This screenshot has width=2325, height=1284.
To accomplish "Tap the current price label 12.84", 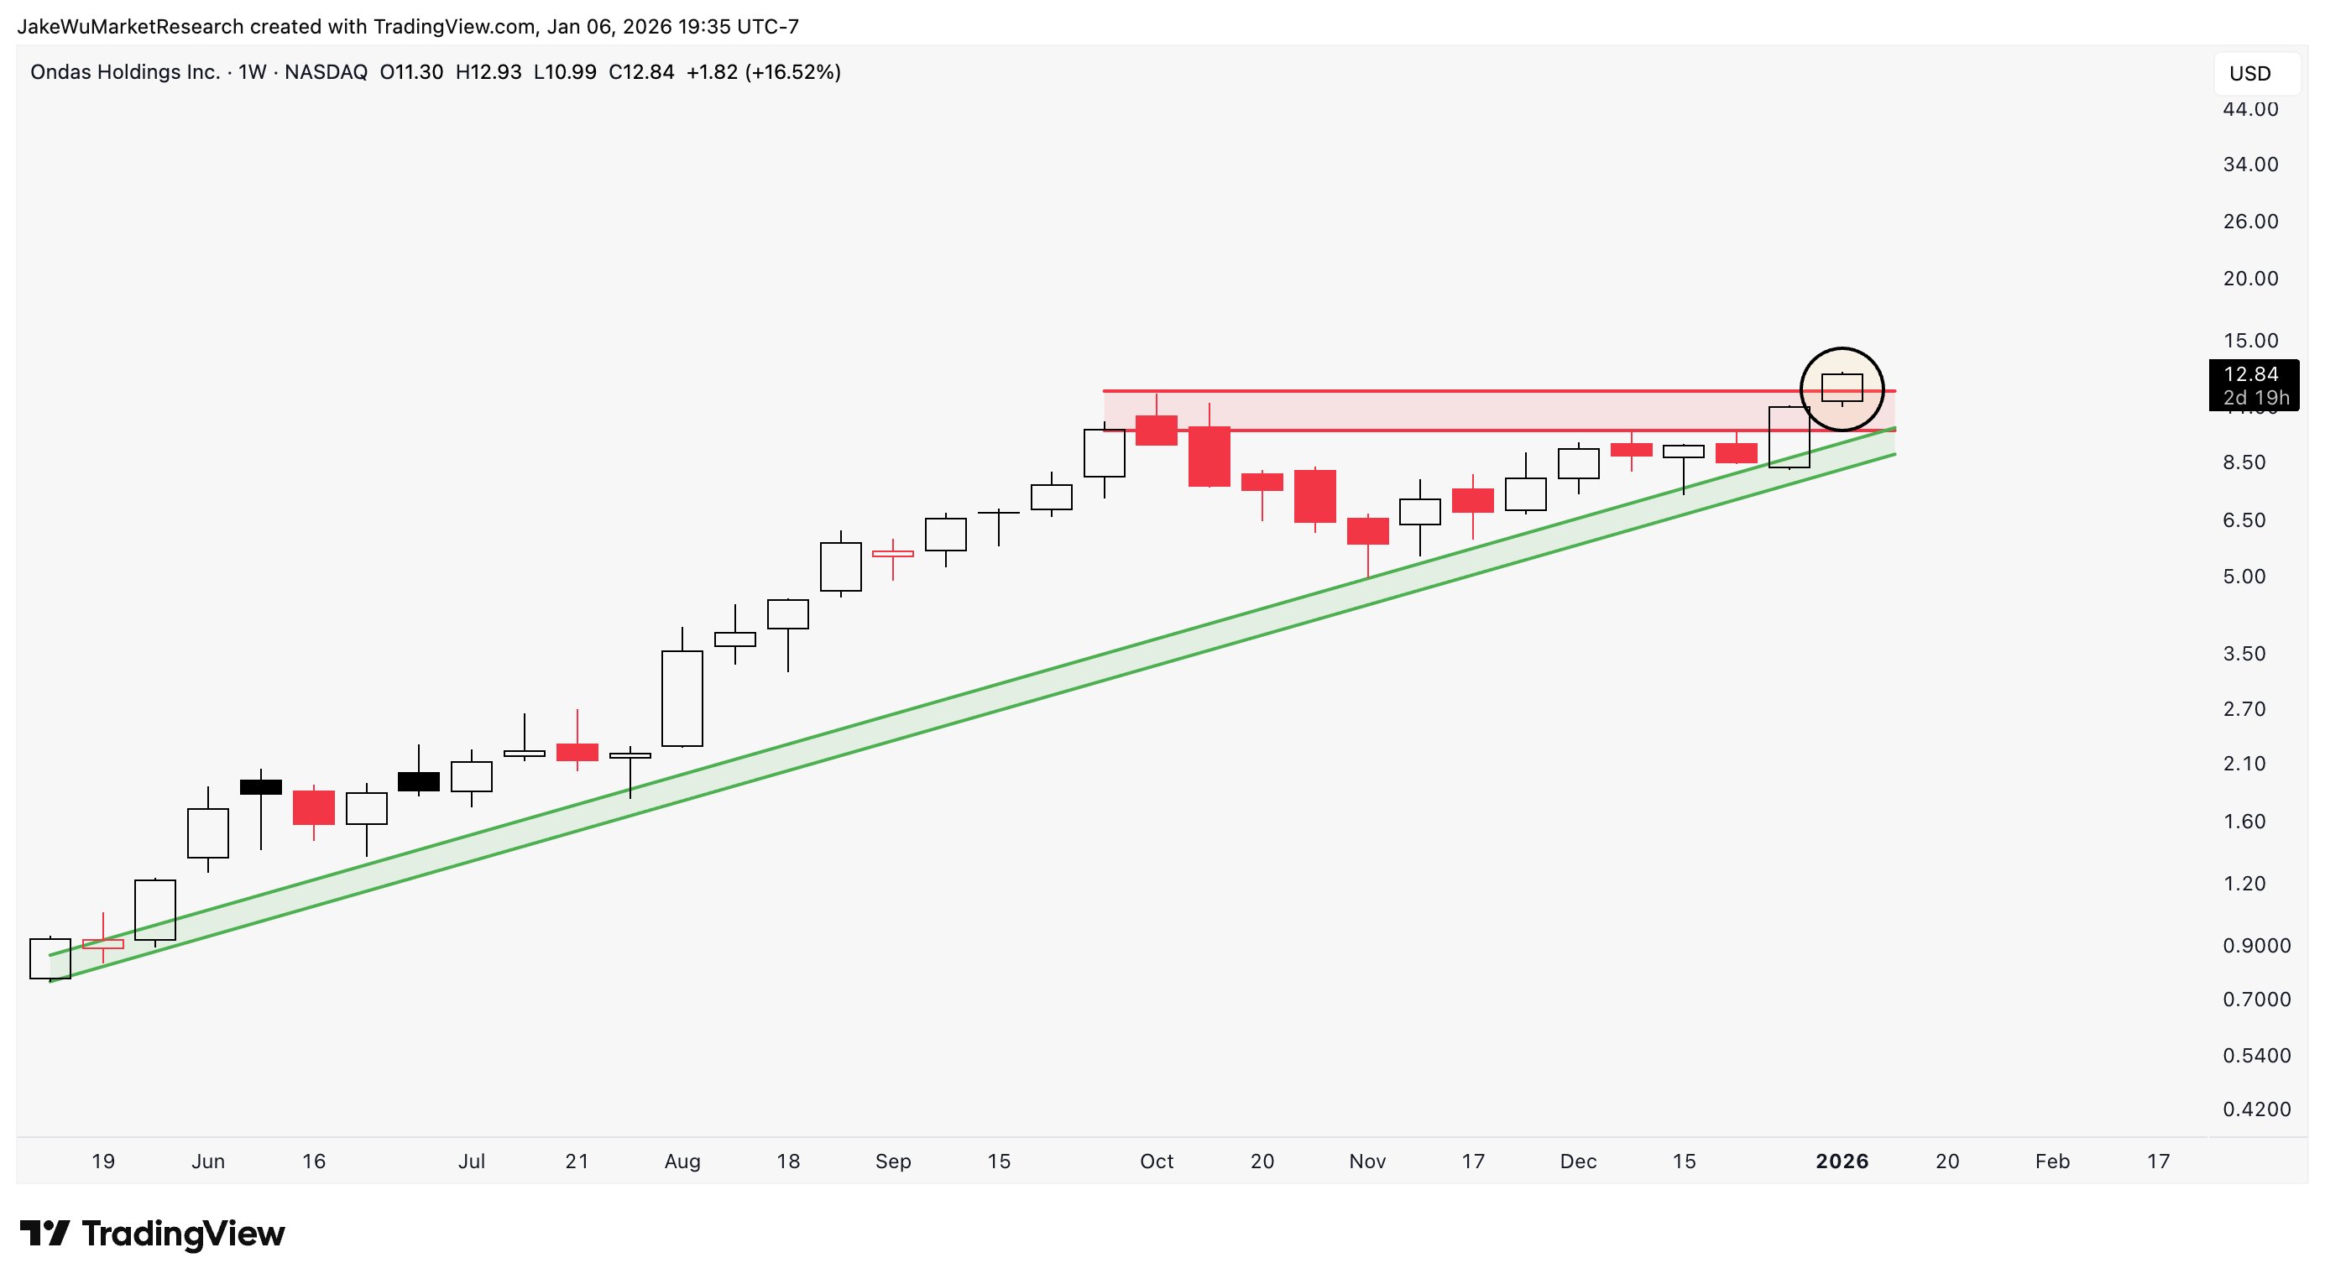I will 2250,374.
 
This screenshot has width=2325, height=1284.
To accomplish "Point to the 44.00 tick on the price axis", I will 2250,109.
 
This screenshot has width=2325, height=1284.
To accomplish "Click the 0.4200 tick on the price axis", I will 2255,1109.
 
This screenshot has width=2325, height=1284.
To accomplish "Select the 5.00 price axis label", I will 2244,577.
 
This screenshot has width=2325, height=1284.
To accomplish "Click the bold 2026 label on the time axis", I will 1842,1161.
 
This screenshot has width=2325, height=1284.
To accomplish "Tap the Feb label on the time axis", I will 2051,1161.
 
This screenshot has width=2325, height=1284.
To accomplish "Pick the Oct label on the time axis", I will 1156,1161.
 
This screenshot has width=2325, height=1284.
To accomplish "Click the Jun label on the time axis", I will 207,1161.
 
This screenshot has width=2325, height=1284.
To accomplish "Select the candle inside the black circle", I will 1842,388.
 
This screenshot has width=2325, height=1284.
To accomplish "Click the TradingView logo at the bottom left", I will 152,1234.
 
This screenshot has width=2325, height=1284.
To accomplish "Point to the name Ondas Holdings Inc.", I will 124,72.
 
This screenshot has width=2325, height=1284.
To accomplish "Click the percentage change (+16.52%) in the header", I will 792,72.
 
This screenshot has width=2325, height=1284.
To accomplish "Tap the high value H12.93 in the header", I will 489,72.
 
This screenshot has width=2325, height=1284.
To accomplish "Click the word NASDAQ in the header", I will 326,72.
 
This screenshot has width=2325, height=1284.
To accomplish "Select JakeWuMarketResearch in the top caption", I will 130,26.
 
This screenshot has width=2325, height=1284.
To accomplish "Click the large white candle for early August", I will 682,698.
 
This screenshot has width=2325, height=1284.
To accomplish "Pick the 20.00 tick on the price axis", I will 2250,279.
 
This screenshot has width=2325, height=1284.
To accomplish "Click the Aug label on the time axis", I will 682,1161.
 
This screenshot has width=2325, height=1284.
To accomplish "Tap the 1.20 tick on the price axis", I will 2244,884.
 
